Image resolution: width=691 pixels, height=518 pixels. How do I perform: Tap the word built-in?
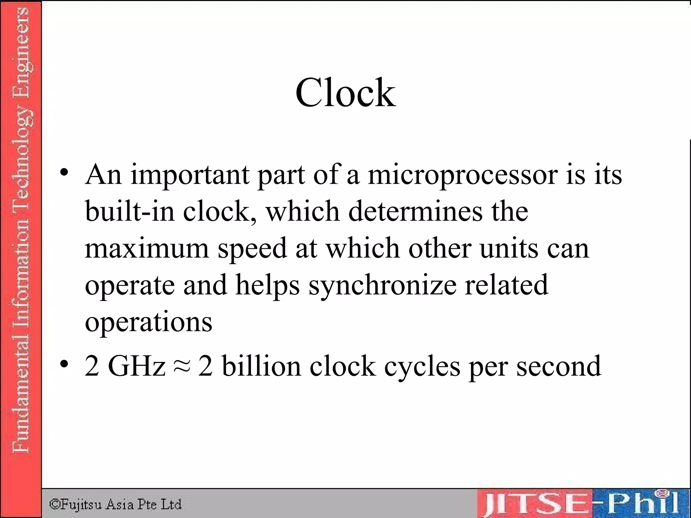(x=130, y=211)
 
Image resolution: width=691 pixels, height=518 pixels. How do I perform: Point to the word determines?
(x=415, y=211)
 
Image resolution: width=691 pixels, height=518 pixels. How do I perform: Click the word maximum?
(x=147, y=248)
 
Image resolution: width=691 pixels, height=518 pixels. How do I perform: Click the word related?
(x=506, y=285)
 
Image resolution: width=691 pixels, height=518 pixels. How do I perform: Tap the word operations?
(x=148, y=322)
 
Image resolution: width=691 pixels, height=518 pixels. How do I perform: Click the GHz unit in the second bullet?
(x=137, y=366)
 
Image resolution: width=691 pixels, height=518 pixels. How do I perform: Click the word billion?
(x=261, y=366)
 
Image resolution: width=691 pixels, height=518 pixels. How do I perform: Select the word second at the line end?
(x=558, y=366)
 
